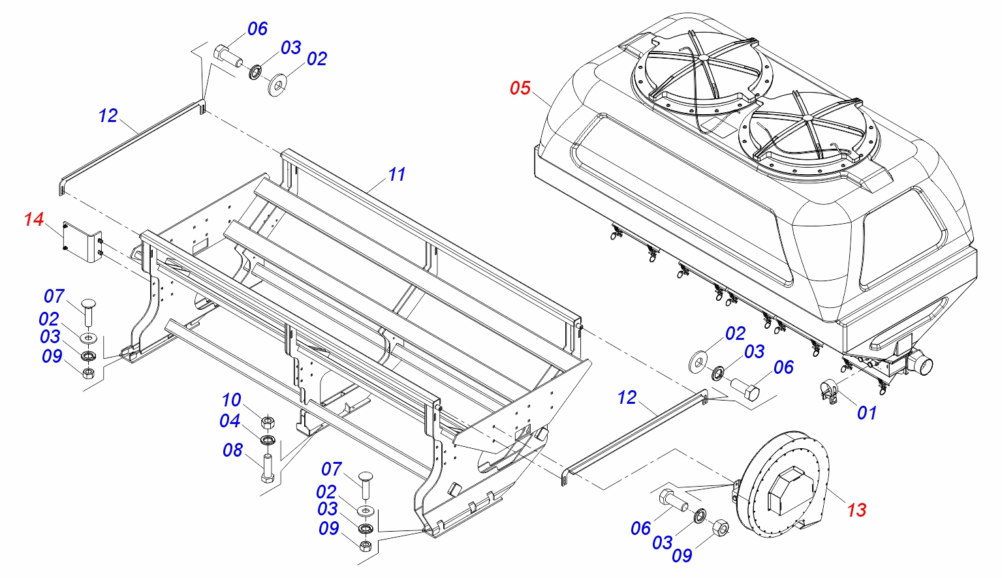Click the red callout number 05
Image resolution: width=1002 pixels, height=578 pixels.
pyautogui.click(x=520, y=88)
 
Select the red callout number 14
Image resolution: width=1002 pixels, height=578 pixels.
pyautogui.click(x=34, y=219)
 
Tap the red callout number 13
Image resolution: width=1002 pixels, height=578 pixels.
pyautogui.click(x=856, y=510)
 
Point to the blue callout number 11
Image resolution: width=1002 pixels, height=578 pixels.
pyautogui.click(x=396, y=174)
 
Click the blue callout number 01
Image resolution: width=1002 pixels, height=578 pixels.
pyautogui.click(x=866, y=413)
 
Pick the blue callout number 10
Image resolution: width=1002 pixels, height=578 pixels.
pyautogui.click(x=231, y=400)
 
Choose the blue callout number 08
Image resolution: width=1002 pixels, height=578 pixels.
pyautogui.click(x=232, y=450)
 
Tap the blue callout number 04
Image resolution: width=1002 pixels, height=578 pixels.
pyautogui.click(x=230, y=421)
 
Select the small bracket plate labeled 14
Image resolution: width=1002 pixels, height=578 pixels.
pyautogui.click(x=82, y=241)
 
